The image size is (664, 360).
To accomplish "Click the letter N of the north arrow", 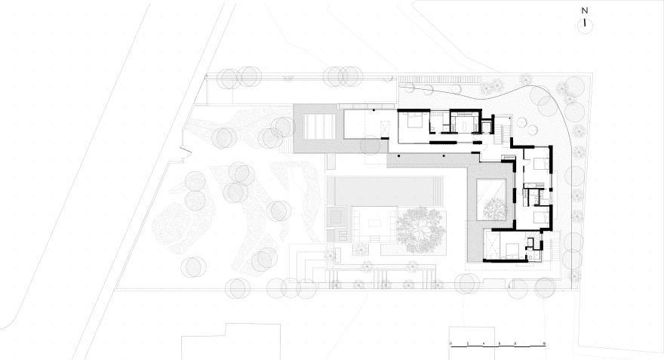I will tap(585, 11).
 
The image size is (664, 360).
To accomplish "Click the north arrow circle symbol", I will tap(585, 25).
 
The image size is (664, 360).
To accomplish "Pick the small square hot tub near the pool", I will tap(337, 218).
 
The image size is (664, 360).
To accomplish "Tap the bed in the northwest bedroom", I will tap(413, 121).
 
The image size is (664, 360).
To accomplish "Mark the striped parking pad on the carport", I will tap(316, 124).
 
